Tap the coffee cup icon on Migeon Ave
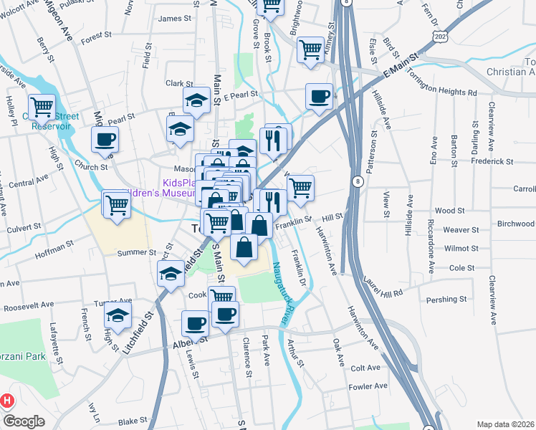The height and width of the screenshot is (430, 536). (105, 139)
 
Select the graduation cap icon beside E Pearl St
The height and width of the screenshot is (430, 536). (196, 100)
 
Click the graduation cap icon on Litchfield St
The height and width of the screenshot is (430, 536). (171, 272)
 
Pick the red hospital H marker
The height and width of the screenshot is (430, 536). (7, 401)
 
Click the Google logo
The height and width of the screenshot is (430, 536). (24, 421)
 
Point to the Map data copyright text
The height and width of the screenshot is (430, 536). (505, 424)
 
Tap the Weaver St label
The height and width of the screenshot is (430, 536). (461, 229)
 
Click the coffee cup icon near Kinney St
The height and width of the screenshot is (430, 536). (320, 95)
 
